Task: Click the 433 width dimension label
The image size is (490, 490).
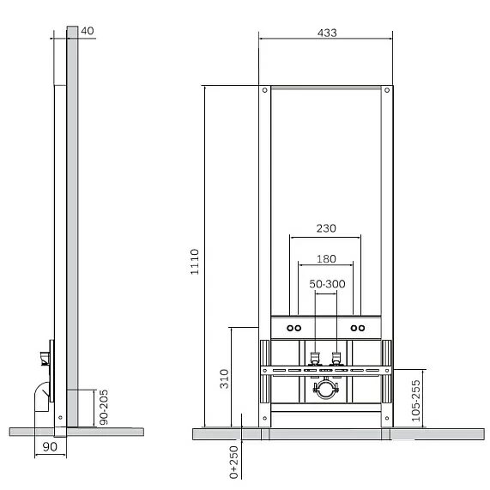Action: click(x=327, y=33)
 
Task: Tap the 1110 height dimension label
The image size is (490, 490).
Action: click(x=195, y=262)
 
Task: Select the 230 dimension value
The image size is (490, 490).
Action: click(x=326, y=228)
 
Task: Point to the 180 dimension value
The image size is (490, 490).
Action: click(x=326, y=259)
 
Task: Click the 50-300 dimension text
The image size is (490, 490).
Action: click(x=327, y=284)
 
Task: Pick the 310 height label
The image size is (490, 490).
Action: click(x=224, y=378)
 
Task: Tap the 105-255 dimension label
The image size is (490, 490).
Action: click(x=415, y=401)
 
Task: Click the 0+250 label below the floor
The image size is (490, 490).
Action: click(x=233, y=463)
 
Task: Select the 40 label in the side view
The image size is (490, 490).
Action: click(x=88, y=31)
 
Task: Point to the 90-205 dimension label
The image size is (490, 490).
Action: click(x=104, y=407)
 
